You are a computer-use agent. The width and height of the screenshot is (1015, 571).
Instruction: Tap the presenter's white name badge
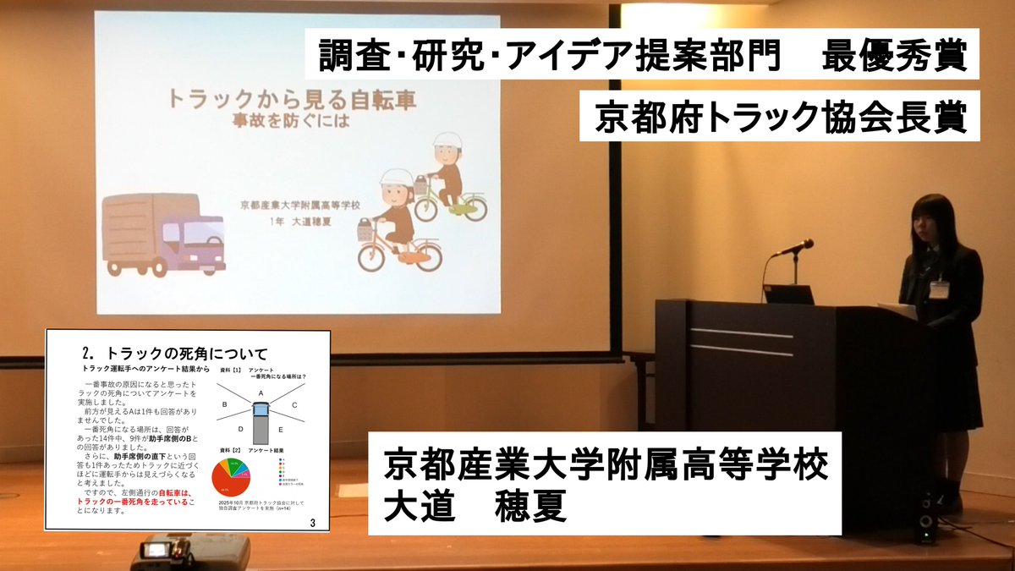click(x=939, y=289)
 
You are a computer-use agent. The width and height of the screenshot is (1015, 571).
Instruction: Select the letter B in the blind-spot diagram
click(x=225, y=404)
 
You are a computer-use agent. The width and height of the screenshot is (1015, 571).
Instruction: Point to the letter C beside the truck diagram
click(x=294, y=404)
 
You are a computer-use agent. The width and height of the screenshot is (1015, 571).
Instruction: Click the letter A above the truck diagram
click(x=261, y=393)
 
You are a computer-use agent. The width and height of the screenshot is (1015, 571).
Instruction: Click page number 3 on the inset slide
click(x=313, y=524)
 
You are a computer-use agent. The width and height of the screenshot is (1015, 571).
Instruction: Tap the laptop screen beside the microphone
click(x=788, y=294)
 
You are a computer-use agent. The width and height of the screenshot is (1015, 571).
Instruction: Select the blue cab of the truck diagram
click(x=261, y=411)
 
